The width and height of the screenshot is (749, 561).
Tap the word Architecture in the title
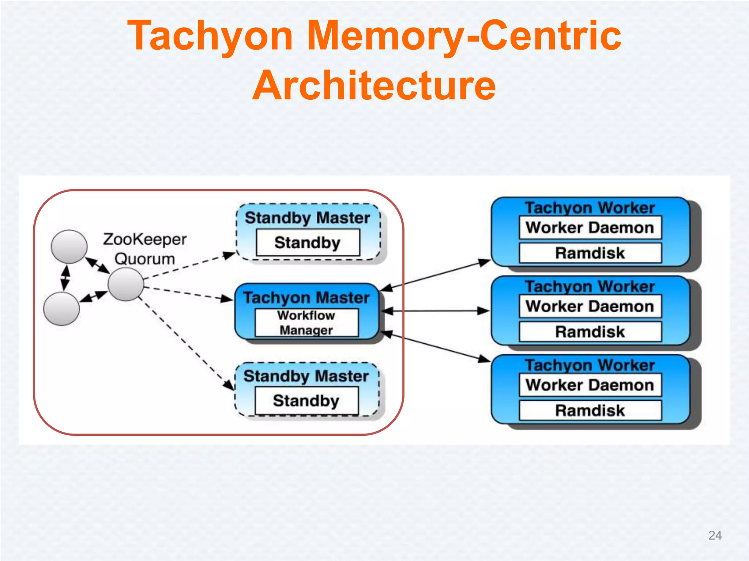374,85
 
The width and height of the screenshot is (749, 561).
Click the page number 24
715,535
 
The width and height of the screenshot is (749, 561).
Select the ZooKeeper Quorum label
145,249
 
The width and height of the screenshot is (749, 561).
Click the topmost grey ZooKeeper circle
69,247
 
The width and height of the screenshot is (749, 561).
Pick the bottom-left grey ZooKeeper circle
61,309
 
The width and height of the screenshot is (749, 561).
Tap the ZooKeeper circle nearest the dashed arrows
126,284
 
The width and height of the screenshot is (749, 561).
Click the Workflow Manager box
306,323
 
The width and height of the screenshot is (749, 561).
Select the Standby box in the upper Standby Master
308,243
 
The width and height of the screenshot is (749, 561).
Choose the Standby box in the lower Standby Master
306,401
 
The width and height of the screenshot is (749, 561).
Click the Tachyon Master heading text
306,298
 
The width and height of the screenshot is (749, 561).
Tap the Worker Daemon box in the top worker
590,228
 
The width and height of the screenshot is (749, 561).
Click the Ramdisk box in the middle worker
590,332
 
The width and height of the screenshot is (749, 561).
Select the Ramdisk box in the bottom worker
590,410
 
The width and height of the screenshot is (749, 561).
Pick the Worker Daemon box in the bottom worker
590,385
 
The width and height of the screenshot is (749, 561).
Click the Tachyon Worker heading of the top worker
590,207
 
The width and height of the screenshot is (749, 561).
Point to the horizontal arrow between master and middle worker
435,311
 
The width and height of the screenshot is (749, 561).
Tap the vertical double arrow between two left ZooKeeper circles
65,278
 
